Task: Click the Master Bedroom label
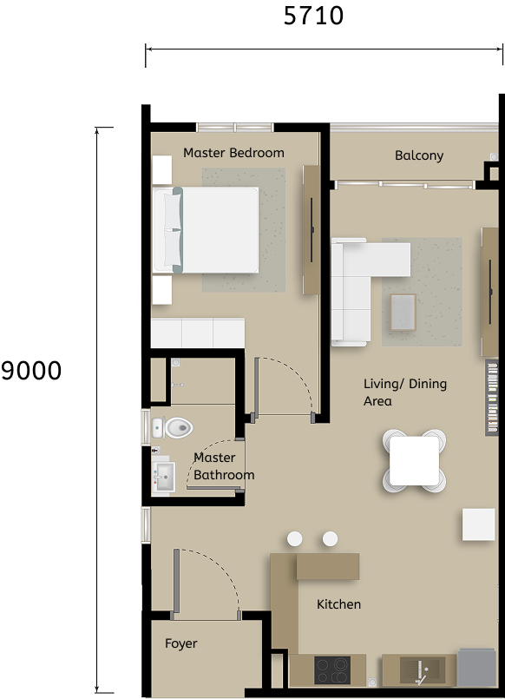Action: (233, 153)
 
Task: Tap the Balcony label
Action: (419, 155)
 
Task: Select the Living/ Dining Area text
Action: (404, 392)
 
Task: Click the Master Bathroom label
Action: (224, 466)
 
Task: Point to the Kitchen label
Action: (338, 604)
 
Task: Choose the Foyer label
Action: (180, 643)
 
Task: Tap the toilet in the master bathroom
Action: (174, 427)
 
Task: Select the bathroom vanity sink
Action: (163, 476)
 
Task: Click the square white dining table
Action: (414, 460)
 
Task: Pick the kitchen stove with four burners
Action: (331, 670)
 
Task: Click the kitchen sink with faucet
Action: (421, 669)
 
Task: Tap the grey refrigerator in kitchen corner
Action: (476, 668)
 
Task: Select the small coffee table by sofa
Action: (403, 312)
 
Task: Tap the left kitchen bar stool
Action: (295, 539)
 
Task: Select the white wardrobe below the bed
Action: (198, 333)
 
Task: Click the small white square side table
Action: (478, 524)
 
